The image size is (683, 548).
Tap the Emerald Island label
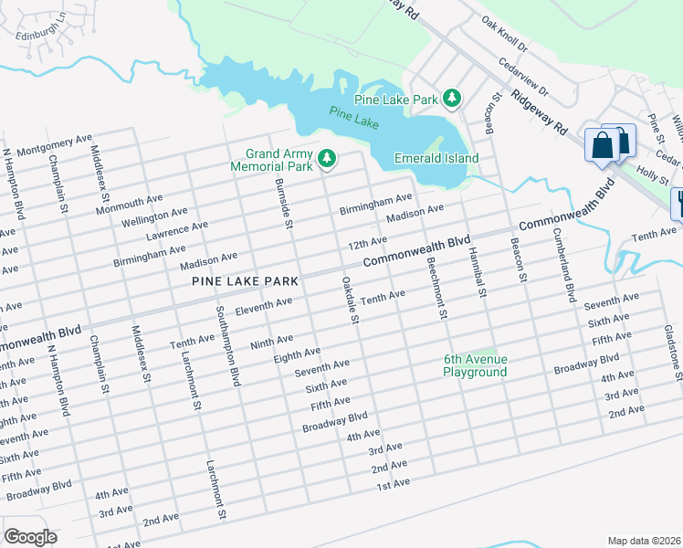coord(436,158)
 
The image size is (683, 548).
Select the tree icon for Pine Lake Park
coord(451,98)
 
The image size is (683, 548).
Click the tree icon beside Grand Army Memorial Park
coord(326,161)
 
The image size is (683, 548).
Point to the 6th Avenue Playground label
coord(475,365)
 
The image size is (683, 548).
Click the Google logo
coord(30,537)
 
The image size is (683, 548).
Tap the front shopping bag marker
coord(604,145)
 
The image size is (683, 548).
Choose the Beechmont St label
coord(436,287)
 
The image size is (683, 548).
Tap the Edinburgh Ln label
coord(42,28)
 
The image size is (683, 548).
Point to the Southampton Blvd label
coord(227,346)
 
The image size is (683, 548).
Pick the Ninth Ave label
coord(271,341)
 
